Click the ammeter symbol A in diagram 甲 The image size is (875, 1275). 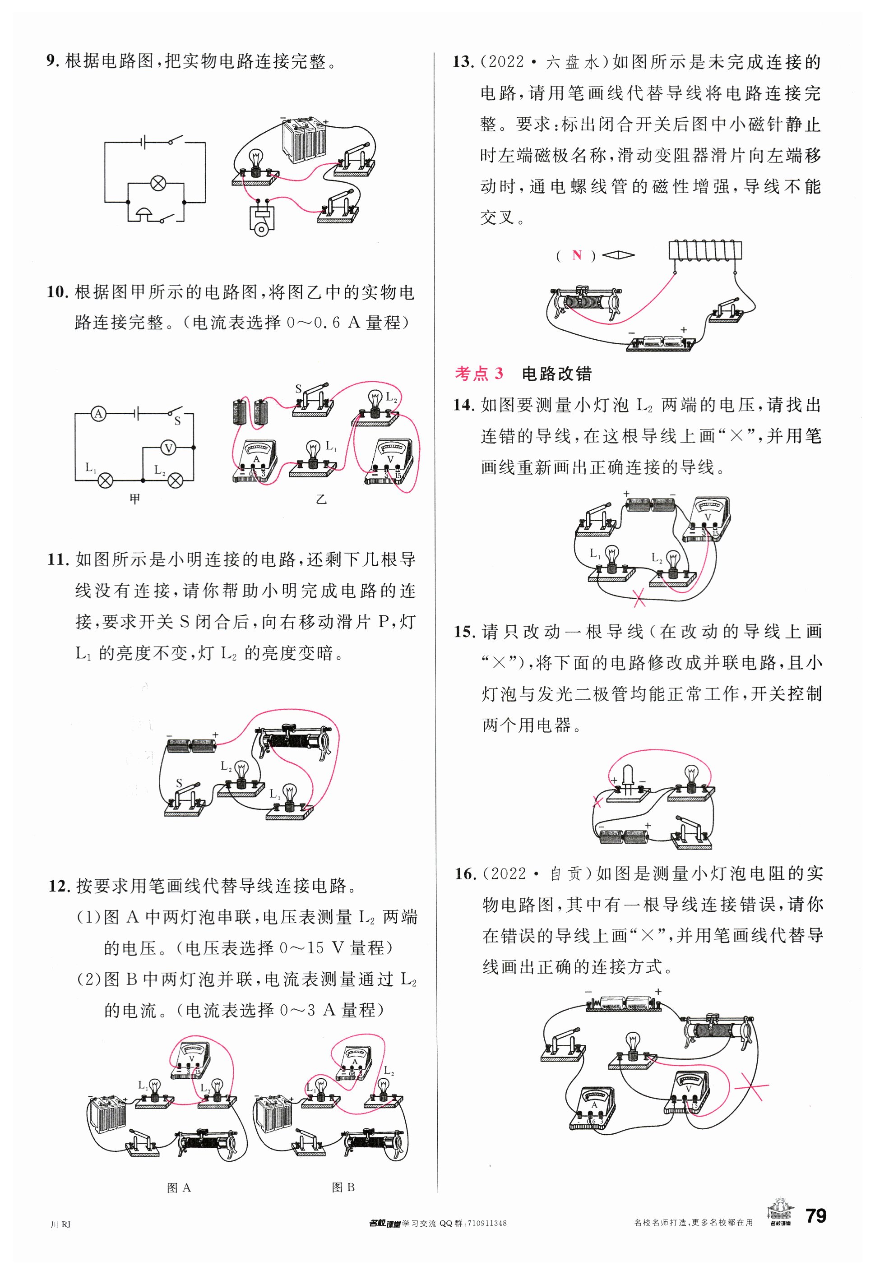98,414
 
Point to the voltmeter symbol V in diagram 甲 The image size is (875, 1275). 168,448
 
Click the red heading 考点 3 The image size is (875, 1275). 478,374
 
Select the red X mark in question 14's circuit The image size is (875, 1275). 639,597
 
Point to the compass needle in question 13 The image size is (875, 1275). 618,255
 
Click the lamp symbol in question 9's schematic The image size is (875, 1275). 158,183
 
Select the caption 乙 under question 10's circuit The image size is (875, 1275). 321,499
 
